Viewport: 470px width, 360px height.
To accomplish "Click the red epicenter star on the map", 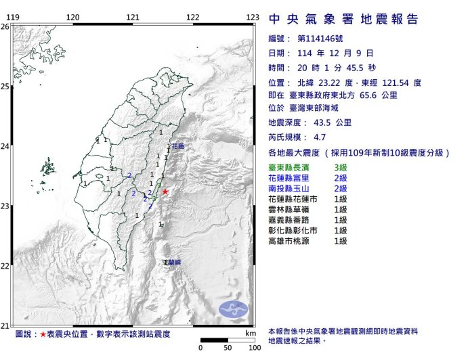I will [165, 192].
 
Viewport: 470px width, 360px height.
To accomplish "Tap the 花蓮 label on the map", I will [178, 145].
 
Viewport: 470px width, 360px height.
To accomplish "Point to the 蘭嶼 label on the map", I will [172, 262].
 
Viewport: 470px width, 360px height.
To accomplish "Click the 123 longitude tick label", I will [252, 18].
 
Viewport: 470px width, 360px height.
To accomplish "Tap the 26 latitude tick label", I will [5, 26].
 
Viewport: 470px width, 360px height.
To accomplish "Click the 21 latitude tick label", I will [5, 325].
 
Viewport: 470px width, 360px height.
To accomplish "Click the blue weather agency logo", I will [234, 309].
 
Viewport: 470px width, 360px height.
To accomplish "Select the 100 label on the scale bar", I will [254, 348].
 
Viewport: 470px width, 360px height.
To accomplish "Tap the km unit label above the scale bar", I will [251, 334].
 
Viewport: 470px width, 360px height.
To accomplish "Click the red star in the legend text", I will [43, 334].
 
